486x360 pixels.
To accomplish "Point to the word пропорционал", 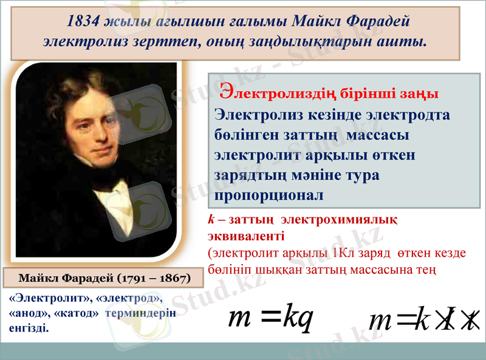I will click(x=269, y=196).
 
